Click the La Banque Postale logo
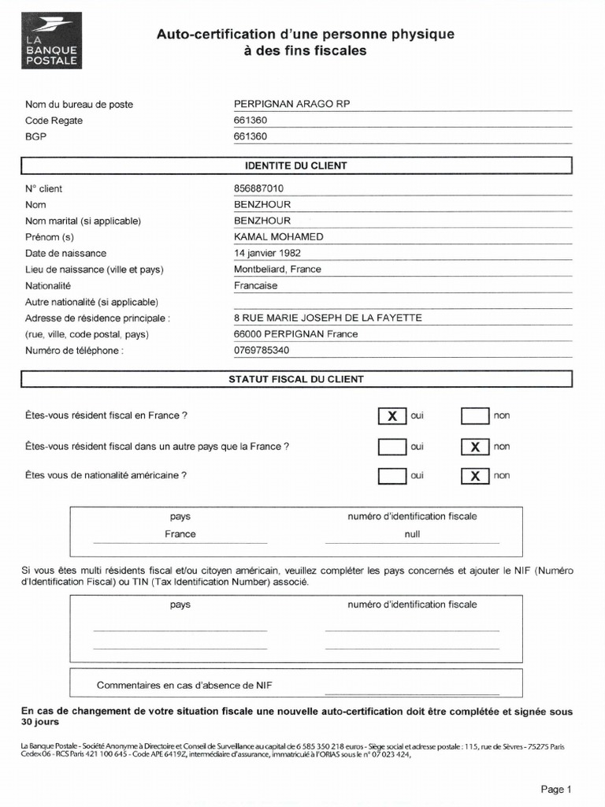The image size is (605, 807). (51, 42)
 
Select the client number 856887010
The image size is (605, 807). (258, 188)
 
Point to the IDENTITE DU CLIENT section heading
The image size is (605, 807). (296, 166)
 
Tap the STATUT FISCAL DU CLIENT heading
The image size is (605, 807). (296, 379)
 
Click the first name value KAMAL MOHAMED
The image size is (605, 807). (278, 237)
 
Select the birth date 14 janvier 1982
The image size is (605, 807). (266, 253)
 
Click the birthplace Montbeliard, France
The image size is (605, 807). (277, 270)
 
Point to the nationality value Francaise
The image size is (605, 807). (255, 286)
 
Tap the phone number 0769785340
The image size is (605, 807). (261, 351)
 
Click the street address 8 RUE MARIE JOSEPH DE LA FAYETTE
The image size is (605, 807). (328, 318)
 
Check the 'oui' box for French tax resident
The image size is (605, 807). (392, 416)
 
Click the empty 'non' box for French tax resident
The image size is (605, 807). (474, 416)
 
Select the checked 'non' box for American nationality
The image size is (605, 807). (474, 476)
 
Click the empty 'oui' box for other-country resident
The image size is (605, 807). (392, 447)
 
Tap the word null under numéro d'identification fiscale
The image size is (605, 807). (411, 534)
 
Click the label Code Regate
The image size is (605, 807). (54, 121)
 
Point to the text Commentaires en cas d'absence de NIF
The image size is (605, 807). (184, 685)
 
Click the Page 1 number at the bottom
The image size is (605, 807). (555, 789)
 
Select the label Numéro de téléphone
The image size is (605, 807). (74, 351)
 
